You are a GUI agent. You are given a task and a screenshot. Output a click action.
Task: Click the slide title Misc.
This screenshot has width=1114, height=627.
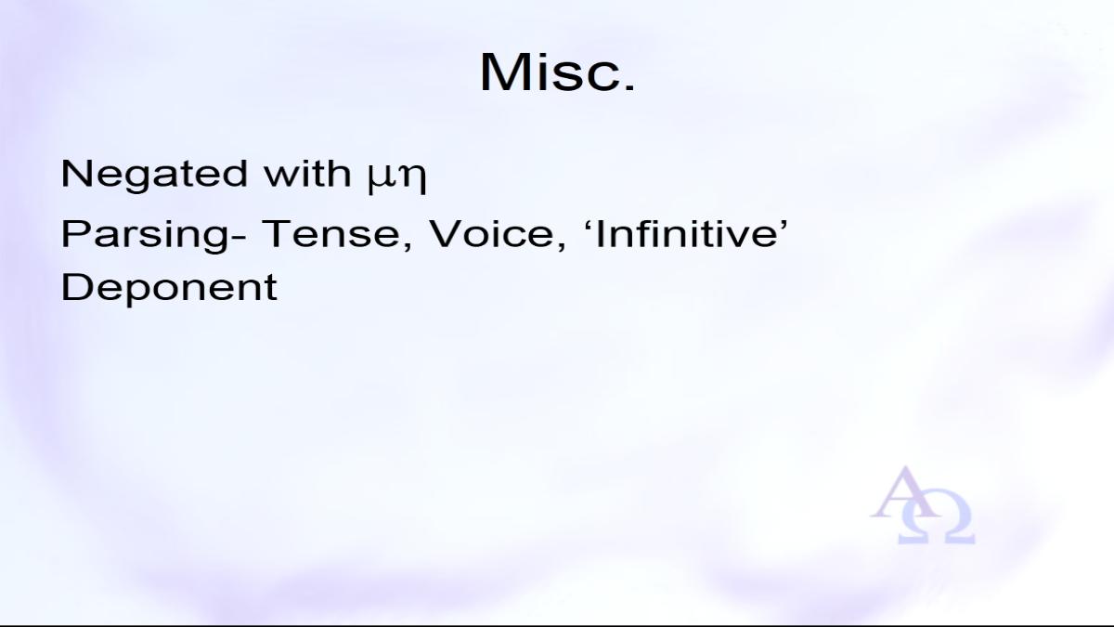pos(558,72)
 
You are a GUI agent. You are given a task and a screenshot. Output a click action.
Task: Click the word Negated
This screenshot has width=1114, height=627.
pos(154,175)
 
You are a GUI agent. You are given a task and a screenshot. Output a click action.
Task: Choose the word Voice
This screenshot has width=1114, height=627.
pos(491,234)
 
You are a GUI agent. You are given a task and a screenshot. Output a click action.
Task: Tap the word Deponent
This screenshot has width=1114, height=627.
pos(169,288)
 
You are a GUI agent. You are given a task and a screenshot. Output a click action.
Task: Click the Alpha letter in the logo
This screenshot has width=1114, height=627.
pos(906,492)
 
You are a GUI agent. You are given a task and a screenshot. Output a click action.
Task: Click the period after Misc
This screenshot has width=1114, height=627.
pos(630,87)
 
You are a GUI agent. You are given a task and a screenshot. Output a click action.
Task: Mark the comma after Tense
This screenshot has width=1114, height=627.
pos(408,245)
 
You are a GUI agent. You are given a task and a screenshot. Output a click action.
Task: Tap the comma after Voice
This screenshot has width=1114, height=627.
pos(561,245)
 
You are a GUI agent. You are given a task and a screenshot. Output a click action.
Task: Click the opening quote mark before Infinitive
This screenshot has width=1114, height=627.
pos(587,224)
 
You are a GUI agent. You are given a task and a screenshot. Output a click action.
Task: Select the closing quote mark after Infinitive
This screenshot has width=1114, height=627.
pos(784,224)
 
